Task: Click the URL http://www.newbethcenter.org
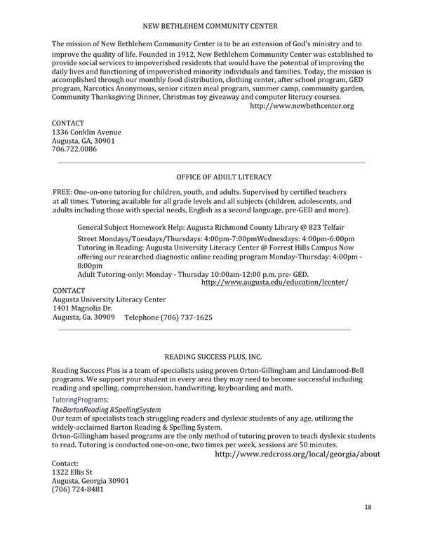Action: point(302,106)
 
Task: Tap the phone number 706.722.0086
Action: point(74,149)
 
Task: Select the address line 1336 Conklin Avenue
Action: point(86,132)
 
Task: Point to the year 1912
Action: point(168,54)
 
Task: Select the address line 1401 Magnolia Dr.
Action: point(83,308)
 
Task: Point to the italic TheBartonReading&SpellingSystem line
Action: point(107,409)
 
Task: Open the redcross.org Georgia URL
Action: point(297,454)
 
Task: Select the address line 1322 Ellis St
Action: point(78,472)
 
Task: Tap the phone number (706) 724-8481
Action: point(78,489)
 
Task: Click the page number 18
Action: point(368,506)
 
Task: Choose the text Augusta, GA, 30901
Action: point(83,140)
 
